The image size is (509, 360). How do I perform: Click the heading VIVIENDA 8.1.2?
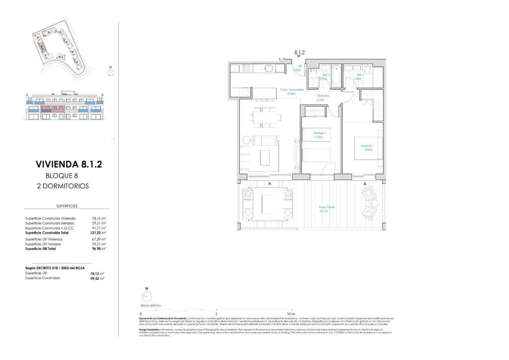click(x=69, y=164)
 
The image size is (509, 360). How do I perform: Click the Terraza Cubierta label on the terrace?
click(x=326, y=209)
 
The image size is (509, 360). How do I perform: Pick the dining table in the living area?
click(x=265, y=117)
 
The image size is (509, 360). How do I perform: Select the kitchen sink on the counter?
click(x=268, y=68)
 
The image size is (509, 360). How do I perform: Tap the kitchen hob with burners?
click(x=245, y=68)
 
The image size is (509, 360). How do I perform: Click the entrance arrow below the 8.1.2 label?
click(x=299, y=57)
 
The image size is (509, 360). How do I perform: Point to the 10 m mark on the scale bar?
click(x=292, y=313)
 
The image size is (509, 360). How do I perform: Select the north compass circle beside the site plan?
click(x=111, y=72)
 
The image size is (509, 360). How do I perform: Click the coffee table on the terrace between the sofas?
click(x=268, y=204)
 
